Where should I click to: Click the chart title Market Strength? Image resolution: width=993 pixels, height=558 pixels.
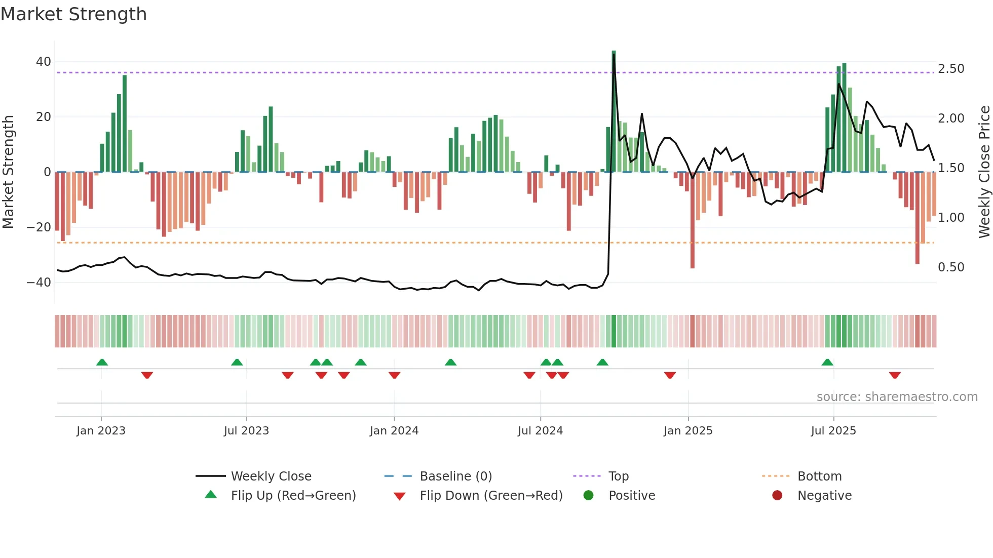73,14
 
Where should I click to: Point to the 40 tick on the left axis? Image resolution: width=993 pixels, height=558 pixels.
44,62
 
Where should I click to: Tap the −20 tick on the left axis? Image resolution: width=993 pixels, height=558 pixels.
39,227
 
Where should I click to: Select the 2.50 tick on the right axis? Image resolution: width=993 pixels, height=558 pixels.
951,69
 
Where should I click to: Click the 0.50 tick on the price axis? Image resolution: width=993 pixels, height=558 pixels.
951,267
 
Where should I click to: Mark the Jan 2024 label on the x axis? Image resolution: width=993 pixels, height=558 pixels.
394,431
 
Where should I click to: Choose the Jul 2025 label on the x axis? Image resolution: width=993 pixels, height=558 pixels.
833,431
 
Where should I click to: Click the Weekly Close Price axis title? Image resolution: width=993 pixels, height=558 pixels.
984,172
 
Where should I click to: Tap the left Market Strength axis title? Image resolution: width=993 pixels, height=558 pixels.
8,172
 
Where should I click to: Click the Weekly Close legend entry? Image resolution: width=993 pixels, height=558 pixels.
271,476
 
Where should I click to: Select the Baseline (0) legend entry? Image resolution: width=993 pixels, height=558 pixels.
455,476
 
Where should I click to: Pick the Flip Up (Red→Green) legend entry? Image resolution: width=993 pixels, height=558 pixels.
293,496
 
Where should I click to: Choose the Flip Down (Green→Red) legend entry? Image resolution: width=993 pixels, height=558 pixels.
491,496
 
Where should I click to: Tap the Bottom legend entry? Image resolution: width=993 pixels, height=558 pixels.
819,476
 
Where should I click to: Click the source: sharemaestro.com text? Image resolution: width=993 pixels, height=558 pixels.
897,397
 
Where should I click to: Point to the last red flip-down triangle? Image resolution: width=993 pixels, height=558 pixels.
895,375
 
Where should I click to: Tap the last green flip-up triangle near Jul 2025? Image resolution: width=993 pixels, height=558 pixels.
827,362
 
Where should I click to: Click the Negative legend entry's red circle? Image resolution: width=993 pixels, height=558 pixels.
777,495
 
